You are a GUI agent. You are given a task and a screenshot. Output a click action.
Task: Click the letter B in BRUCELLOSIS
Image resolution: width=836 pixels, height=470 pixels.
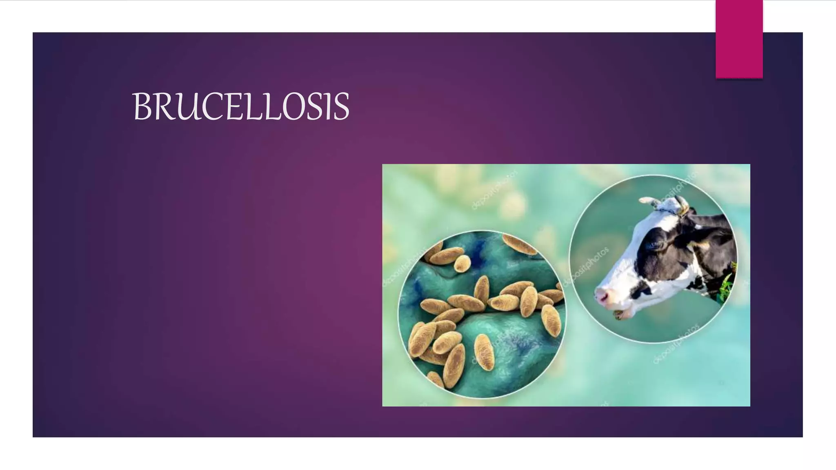[142, 107]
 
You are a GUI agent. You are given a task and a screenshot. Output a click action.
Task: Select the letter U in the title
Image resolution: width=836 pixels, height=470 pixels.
[190, 107]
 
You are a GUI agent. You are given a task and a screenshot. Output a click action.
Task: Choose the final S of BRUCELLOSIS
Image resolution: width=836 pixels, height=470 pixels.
[340, 107]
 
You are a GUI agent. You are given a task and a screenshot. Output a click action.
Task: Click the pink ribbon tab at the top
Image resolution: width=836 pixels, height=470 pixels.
[739, 39]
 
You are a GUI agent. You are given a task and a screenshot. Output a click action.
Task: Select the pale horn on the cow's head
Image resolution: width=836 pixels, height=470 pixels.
[649, 201]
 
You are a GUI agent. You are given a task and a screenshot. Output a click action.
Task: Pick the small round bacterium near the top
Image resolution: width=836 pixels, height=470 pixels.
[462, 264]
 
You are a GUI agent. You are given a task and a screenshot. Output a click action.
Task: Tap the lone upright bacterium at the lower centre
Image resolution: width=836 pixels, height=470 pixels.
[484, 352]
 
